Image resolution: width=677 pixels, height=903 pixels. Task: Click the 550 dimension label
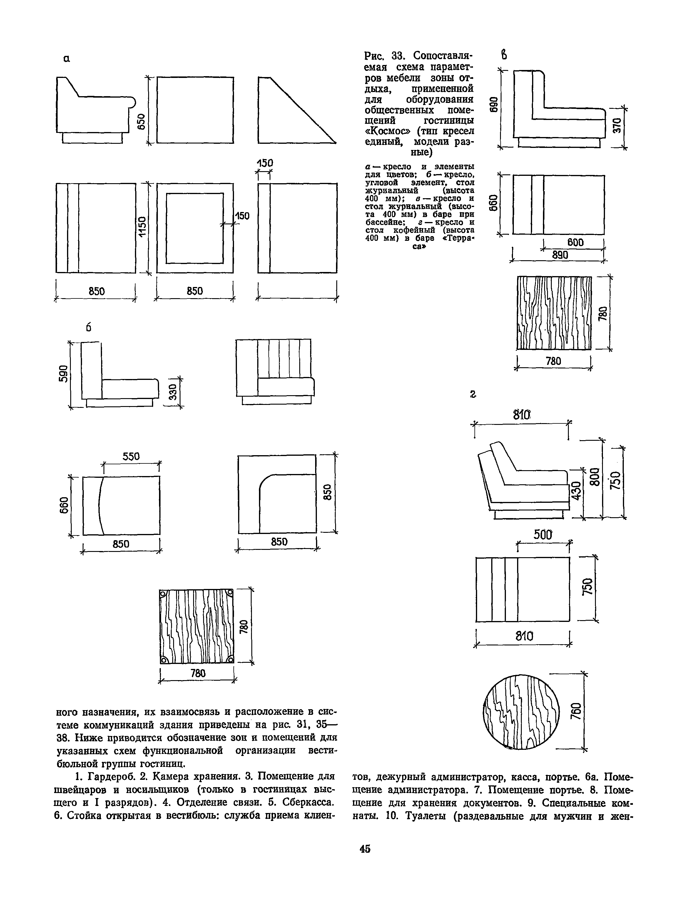[x=131, y=456]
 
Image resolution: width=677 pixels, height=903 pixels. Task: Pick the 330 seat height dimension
[x=173, y=392]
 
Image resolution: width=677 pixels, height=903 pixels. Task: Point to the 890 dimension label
[x=560, y=255]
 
